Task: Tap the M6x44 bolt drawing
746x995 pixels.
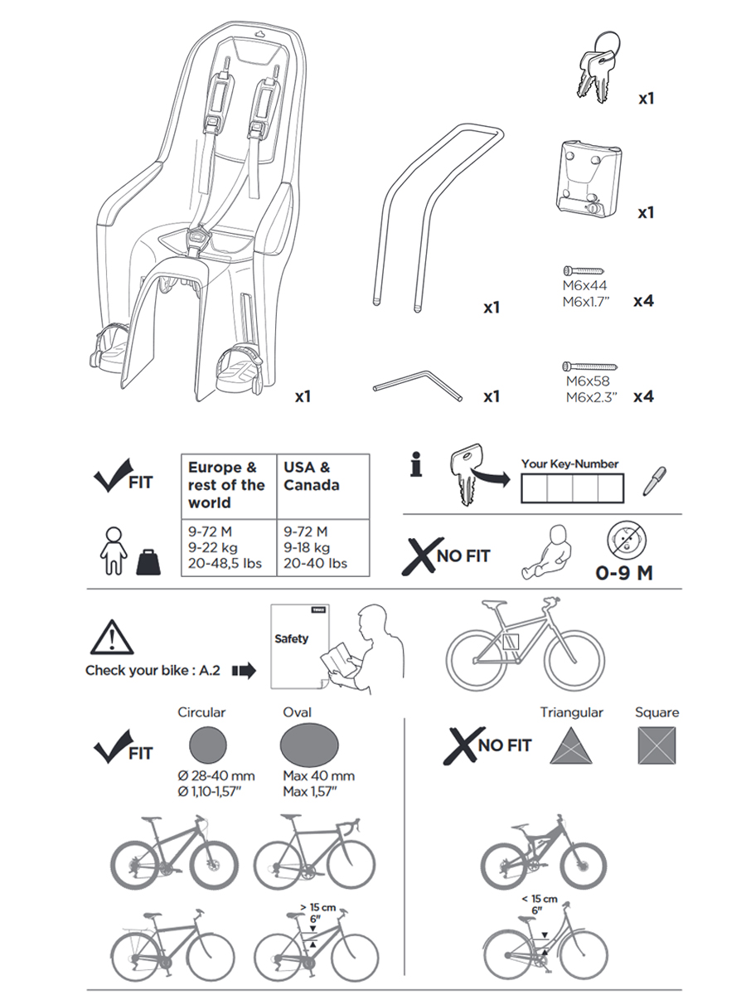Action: pos(585,271)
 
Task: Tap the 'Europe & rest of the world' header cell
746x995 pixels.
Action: pos(226,485)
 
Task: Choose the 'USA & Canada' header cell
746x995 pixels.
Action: pos(311,477)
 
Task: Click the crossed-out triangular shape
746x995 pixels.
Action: pos(574,745)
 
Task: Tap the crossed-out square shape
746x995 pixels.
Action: pos(656,745)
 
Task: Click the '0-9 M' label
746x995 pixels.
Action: pos(624,573)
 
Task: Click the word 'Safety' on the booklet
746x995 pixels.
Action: pos(291,638)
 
